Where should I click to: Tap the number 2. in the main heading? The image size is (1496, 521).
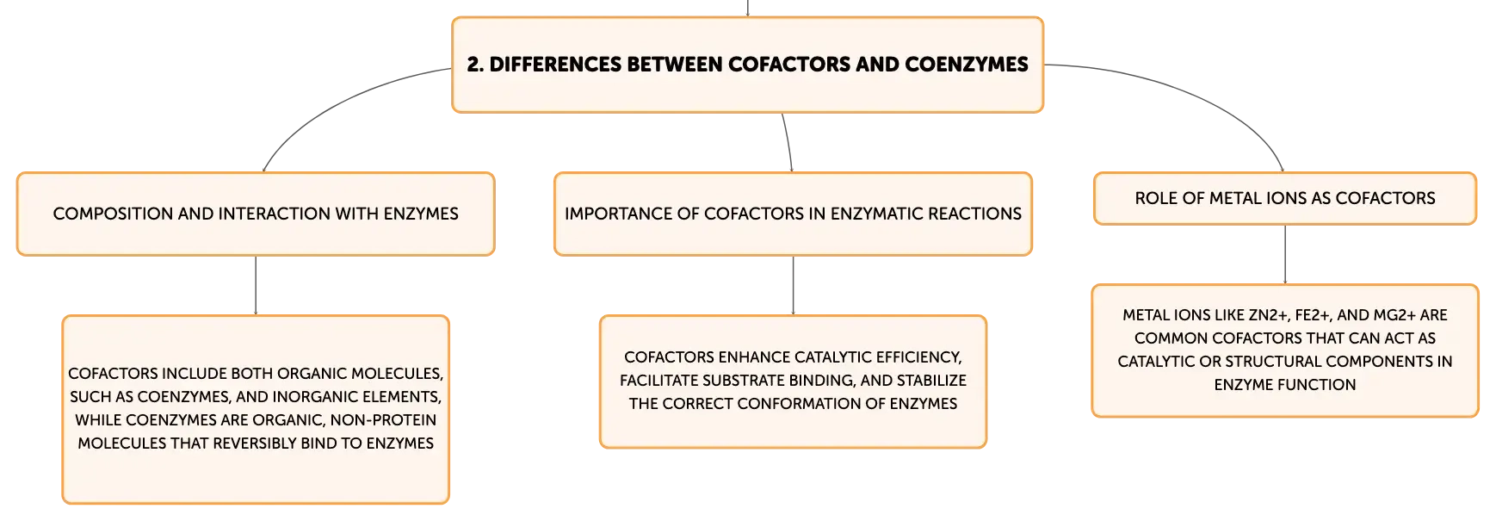coord(475,65)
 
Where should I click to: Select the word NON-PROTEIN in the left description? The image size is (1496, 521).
coord(383,420)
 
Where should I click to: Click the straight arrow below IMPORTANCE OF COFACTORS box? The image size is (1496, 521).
coord(793,286)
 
